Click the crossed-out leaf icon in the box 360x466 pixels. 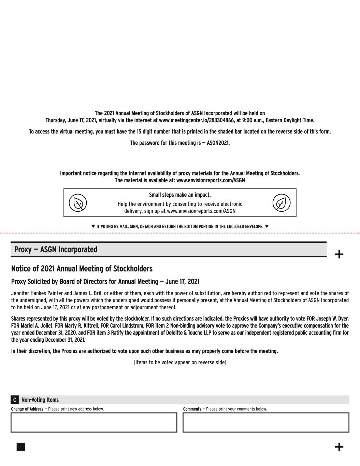(x=78, y=203)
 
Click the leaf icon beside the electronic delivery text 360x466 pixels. (x=281, y=203)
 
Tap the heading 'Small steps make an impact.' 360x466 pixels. (x=180, y=195)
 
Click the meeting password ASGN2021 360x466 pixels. (x=218, y=143)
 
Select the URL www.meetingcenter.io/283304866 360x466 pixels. (x=197, y=120)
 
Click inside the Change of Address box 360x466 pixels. (x=94, y=422)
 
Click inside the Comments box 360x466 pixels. (x=266, y=422)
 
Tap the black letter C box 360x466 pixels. (x=15, y=400)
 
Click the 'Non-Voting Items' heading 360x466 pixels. (x=40, y=400)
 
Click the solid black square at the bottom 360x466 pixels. (x=21, y=447)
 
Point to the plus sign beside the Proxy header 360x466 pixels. (x=339, y=254)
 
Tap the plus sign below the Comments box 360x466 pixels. (x=339, y=447)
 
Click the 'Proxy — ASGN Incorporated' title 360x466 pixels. (x=56, y=250)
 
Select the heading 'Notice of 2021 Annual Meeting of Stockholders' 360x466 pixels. (x=82, y=269)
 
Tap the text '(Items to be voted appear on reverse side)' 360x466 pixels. (x=180, y=362)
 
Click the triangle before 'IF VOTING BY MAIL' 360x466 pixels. (x=93, y=226)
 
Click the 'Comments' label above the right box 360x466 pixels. (x=192, y=409)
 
